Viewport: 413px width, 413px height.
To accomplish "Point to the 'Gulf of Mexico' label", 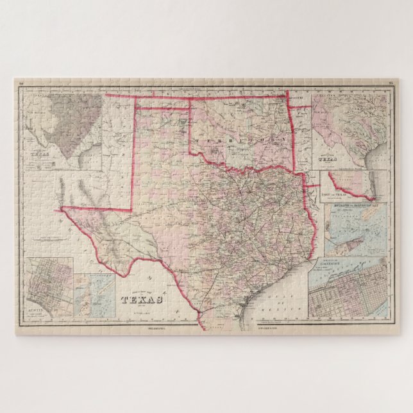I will coord(284,304).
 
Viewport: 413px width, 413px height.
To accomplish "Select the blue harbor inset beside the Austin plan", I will coord(94,296).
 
